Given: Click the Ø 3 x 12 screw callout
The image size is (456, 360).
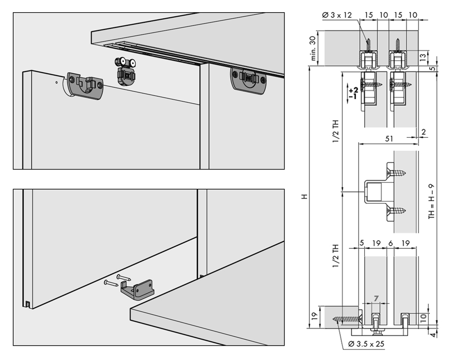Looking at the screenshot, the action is click(x=337, y=15).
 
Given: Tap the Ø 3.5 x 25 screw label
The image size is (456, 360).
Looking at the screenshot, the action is click(x=366, y=344).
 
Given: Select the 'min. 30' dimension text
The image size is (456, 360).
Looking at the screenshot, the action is click(x=312, y=48).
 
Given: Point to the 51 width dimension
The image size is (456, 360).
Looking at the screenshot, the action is click(x=389, y=139).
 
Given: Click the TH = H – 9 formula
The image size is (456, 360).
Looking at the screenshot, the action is click(x=431, y=201).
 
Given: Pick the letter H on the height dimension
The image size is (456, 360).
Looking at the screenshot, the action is click(x=304, y=197).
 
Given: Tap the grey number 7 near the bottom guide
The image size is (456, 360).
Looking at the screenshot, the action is click(x=376, y=299).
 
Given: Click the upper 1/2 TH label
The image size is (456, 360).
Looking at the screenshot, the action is click(x=336, y=130).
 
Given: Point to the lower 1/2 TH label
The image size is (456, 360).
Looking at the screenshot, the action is click(x=336, y=256).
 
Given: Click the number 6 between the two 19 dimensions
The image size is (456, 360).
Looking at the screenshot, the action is click(x=390, y=243).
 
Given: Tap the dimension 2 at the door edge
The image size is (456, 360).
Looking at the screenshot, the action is click(x=424, y=132).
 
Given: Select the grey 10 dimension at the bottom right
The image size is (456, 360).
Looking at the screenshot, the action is click(x=424, y=317).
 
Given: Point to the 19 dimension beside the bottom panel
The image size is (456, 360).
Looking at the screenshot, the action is click(x=314, y=317).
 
